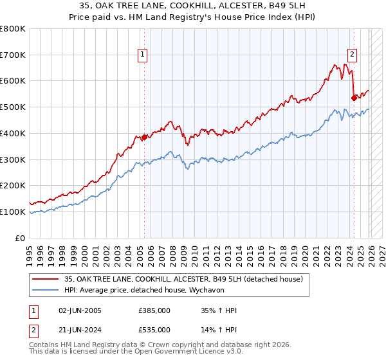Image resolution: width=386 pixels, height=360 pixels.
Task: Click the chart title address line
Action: coord(193,6)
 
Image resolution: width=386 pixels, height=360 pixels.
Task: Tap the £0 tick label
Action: coord(21,238)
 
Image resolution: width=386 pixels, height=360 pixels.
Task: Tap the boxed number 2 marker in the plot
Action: coord(353,55)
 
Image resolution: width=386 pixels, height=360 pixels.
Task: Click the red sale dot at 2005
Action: coord(144,137)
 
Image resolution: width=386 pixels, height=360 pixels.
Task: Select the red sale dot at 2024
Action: coord(354,98)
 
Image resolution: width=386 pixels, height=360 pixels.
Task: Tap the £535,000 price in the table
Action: coord(154,331)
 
